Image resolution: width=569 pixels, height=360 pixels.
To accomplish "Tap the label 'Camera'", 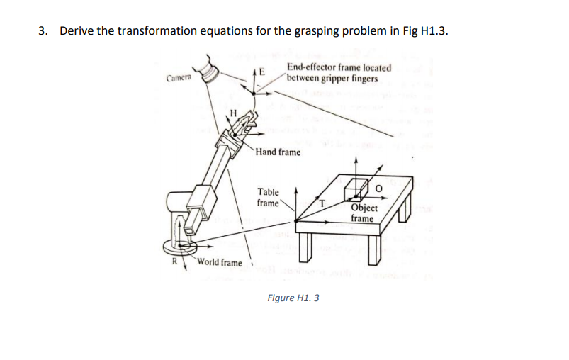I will (179, 78).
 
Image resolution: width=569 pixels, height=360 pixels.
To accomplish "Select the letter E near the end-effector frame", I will (261, 72).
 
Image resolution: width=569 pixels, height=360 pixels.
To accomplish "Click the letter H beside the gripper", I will (232, 114).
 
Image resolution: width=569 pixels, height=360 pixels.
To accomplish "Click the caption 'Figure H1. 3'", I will (293, 298).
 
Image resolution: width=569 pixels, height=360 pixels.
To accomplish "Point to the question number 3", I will (43, 31).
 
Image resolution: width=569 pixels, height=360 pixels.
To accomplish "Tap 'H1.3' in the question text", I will (433, 31).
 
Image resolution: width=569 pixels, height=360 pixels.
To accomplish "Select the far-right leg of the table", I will (405, 210).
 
